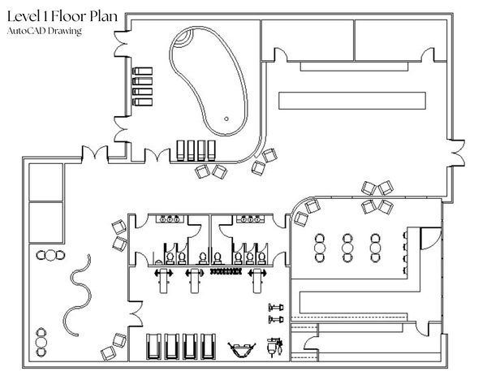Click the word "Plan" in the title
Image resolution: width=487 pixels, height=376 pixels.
click(x=104, y=16)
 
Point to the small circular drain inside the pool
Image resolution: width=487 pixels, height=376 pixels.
click(x=226, y=119)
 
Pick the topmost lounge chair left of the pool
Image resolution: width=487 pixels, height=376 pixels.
click(x=143, y=71)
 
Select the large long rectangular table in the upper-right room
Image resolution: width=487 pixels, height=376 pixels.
click(x=352, y=101)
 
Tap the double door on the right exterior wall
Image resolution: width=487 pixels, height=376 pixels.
click(x=456, y=153)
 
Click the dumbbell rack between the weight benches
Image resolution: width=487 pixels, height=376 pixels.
click(x=226, y=271)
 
